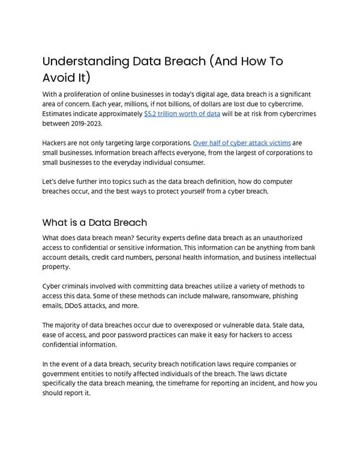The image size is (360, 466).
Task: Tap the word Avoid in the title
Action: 62,77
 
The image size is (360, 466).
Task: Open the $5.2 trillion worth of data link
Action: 182,113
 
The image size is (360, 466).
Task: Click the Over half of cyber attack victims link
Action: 242,143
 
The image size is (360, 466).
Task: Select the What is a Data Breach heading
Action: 94,223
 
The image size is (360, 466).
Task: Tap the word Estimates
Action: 59,113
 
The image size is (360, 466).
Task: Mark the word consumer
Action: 187,162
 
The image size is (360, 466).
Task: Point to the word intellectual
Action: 294,257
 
